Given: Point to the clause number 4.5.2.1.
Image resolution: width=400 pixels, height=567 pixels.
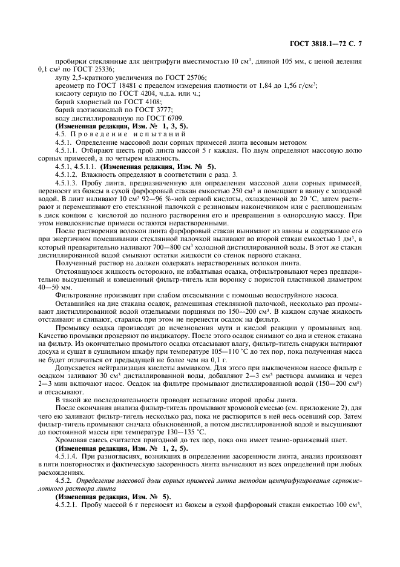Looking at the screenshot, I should click(67, 505).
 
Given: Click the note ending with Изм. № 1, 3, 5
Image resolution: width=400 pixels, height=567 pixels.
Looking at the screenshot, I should click(110, 125).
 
